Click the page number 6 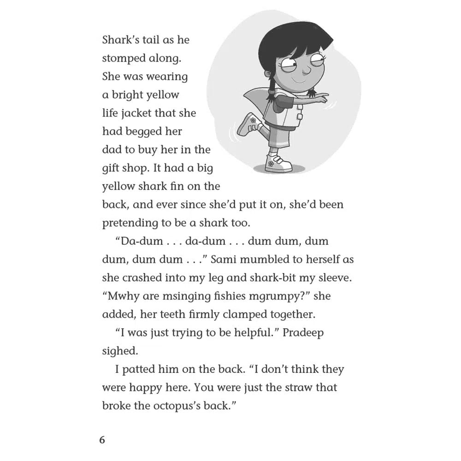(102, 440)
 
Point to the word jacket (138, 113)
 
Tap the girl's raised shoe (249, 124)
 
